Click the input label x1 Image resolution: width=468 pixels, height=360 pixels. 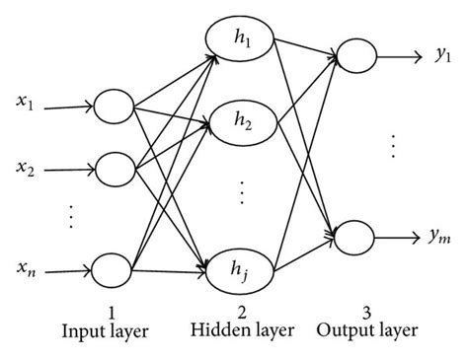(x=27, y=102)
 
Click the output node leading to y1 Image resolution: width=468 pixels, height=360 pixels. (x=354, y=57)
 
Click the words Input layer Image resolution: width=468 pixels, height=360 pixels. (x=107, y=334)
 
